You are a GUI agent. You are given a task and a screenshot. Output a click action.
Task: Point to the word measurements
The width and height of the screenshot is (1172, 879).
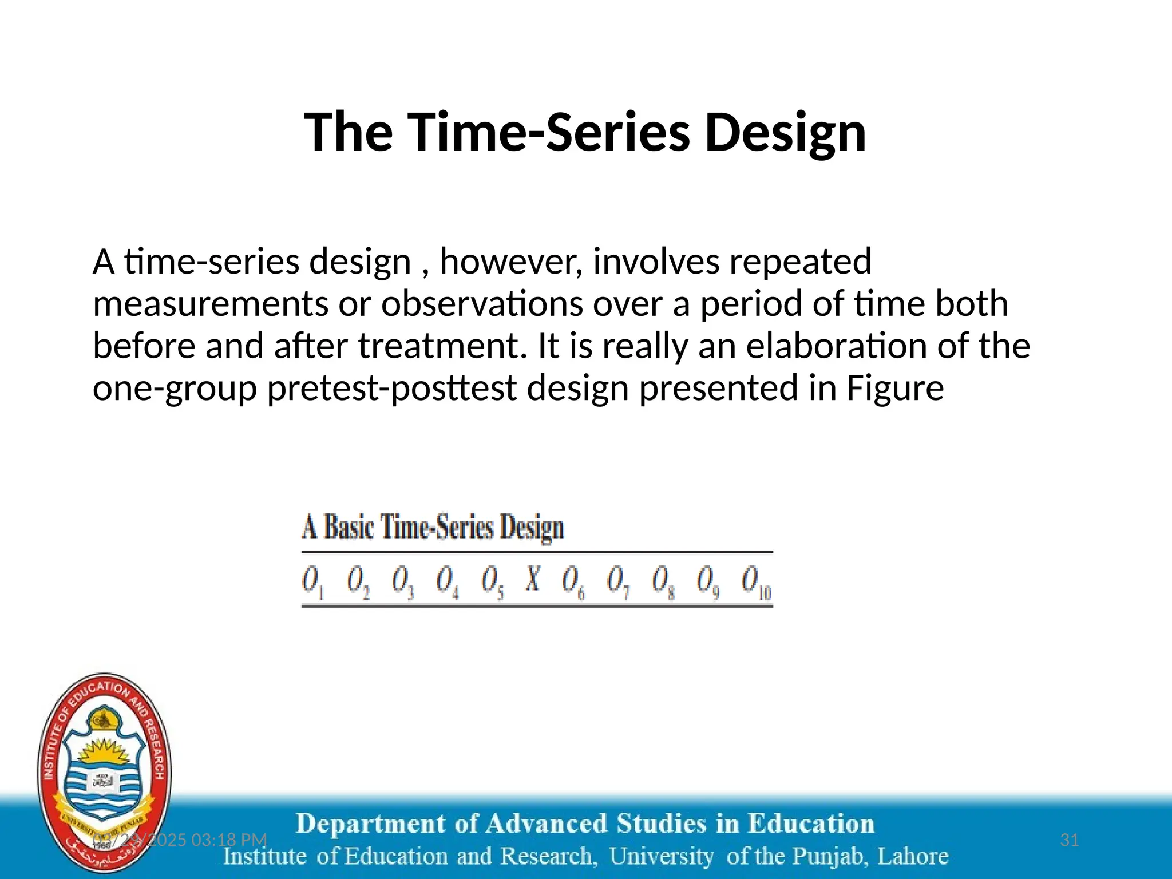pyautogui.click(x=210, y=304)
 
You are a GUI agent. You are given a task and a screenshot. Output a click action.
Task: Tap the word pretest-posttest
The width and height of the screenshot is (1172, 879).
pyautogui.click(x=391, y=389)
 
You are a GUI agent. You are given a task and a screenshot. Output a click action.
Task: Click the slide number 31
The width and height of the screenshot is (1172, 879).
pyautogui.click(x=1069, y=840)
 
